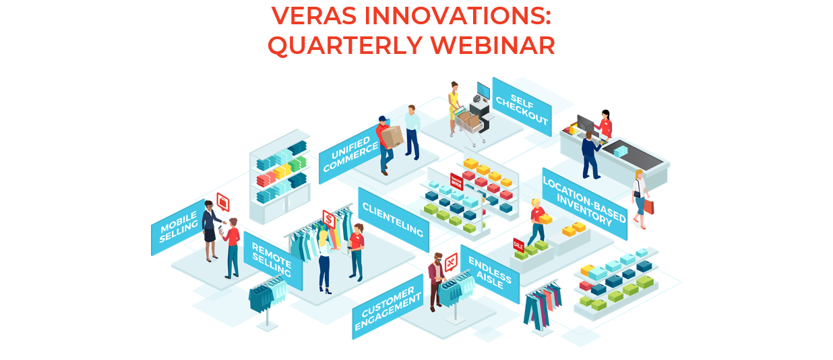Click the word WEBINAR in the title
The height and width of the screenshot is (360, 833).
(x=493, y=45)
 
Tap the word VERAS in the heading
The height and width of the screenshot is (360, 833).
(x=314, y=16)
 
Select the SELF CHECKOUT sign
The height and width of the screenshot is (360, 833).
(x=522, y=107)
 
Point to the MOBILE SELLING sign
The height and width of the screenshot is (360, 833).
(x=179, y=227)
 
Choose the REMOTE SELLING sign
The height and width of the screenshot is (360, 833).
(x=272, y=260)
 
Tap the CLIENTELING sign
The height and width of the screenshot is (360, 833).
(x=393, y=219)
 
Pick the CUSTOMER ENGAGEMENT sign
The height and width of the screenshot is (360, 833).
(x=388, y=307)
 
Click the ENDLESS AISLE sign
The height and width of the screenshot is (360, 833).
(x=490, y=274)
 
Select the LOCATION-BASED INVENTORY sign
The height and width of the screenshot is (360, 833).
(x=584, y=204)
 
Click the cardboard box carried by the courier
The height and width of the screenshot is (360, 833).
(x=392, y=136)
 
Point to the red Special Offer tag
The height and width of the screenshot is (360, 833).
(x=456, y=181)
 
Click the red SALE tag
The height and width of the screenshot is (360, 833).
(x=518, y=245)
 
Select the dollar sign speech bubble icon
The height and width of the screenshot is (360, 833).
(x=329, y=219)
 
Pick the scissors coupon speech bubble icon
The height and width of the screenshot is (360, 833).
(x=451, y=262)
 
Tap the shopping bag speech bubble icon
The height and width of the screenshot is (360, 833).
(x=223, y=202)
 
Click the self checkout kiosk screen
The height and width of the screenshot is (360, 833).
(x=483, y=91)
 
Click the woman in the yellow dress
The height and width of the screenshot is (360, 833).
(x=454, y=108)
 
